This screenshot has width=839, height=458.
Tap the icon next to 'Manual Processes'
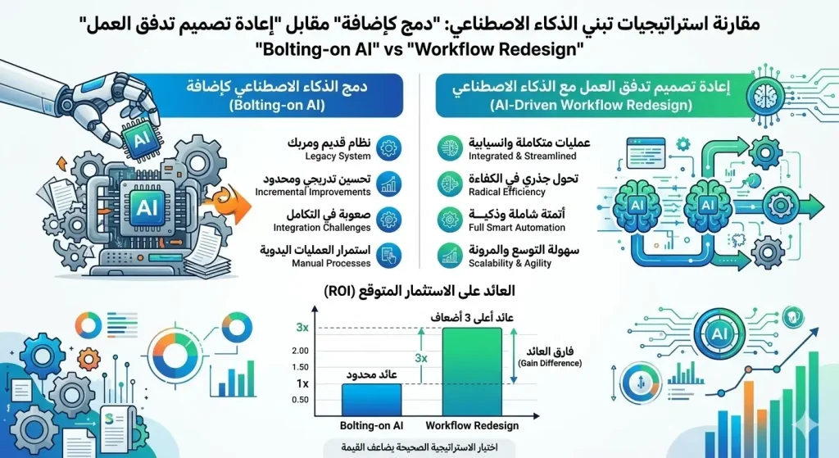pyautogui.click(x=391, y=256)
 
